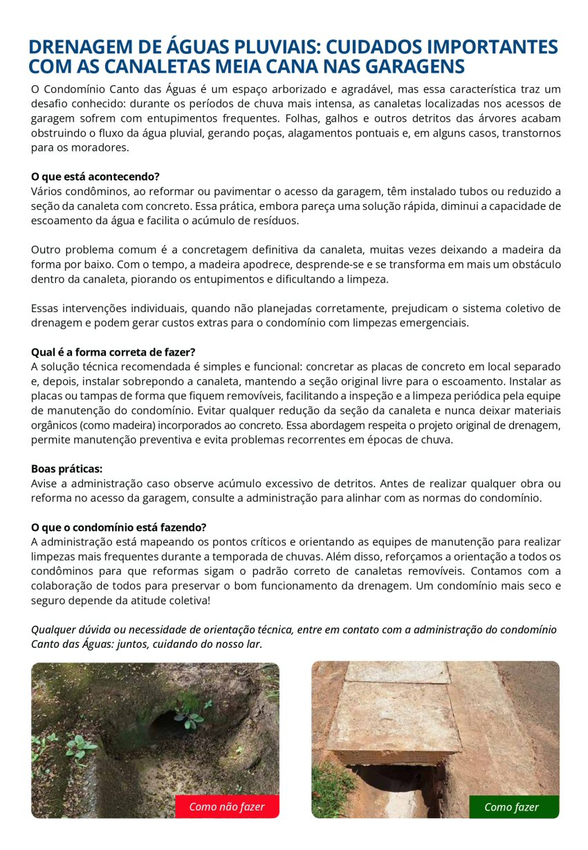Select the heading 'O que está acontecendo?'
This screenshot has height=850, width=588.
(95, 177)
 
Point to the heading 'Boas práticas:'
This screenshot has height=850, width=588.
(66, 469)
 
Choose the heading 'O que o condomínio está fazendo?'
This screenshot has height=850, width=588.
(118, 527)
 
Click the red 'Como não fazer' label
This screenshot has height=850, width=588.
(226, 806)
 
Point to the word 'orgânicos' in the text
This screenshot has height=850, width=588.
(54, 425)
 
